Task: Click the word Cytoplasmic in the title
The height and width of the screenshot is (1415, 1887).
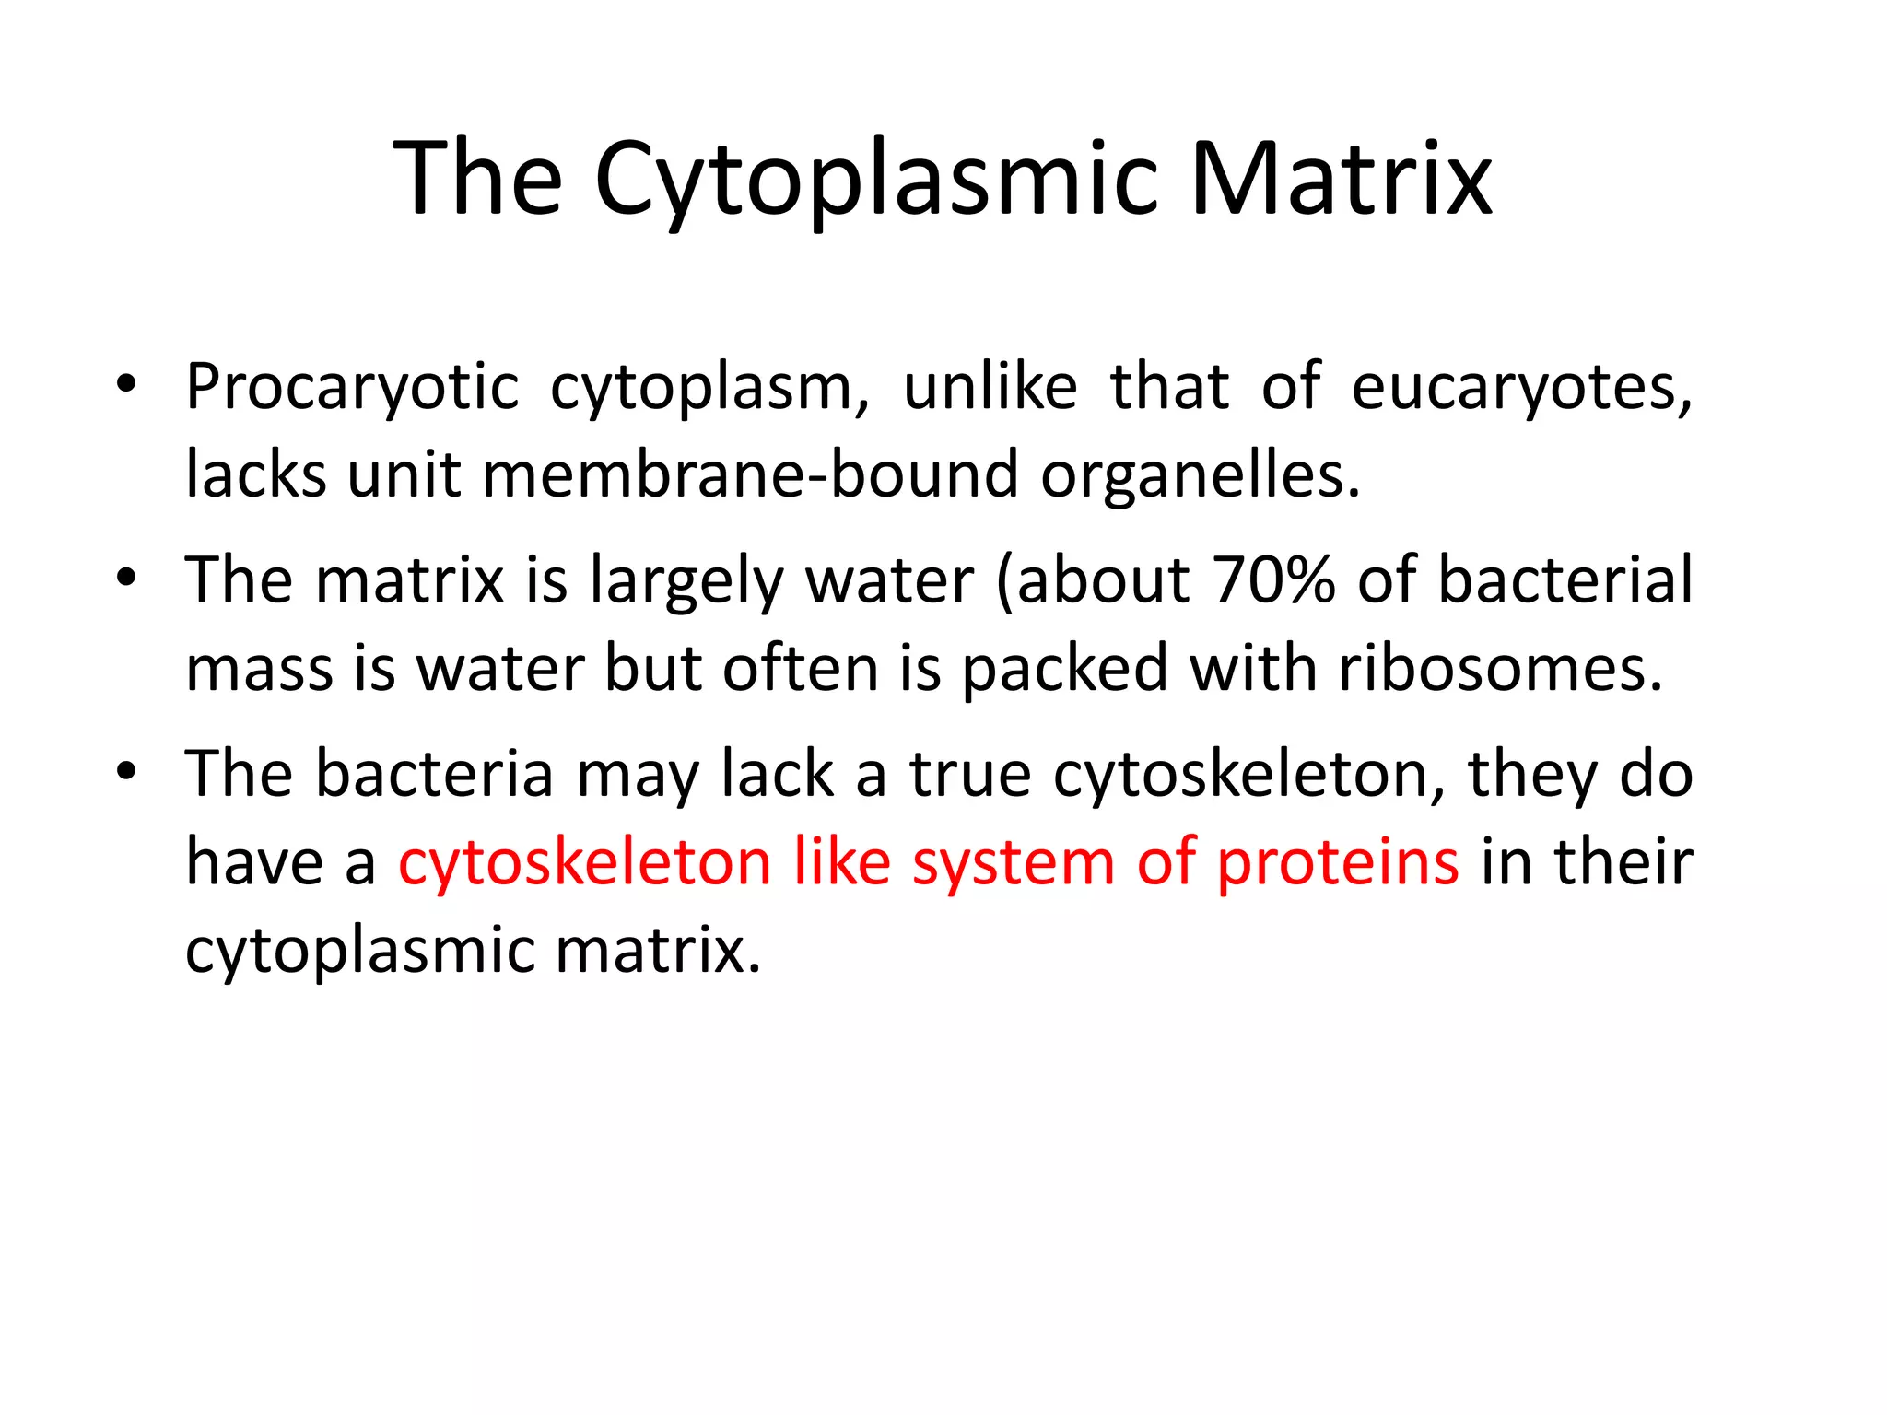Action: coord(875,180)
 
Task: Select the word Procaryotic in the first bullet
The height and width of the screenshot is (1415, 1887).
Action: coord(352,387)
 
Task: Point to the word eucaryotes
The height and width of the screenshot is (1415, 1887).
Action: coord(1520,387)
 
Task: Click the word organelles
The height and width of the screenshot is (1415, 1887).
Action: coord(1200,475)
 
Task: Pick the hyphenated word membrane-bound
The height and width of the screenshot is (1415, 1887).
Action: coord(750,475)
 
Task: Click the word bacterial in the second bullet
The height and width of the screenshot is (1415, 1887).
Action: coord(1565,580)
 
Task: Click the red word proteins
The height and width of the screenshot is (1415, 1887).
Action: coord(1338,864)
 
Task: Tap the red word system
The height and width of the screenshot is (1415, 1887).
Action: coord(1014,864)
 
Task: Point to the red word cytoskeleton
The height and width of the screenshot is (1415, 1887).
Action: coord(584,862)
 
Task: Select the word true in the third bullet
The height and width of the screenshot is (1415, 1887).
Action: coord(970,775)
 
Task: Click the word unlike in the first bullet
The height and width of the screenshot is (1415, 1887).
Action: coord(990,387)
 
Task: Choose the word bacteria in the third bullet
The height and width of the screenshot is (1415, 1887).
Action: coord(434,775)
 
